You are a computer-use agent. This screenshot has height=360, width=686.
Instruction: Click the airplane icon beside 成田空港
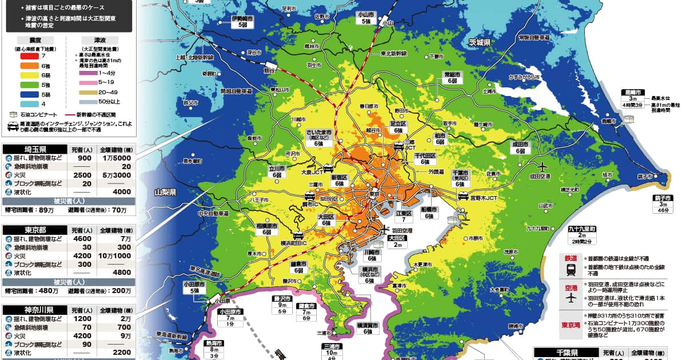pos(541,166)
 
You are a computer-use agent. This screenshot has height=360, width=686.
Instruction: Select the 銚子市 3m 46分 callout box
pos(663,204)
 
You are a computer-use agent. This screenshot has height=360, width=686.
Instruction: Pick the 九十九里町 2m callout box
pos(582,235)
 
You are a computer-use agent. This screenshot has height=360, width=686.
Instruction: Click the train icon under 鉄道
pos(571,271)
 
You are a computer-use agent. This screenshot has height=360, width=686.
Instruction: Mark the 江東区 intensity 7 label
pos(404,216)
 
